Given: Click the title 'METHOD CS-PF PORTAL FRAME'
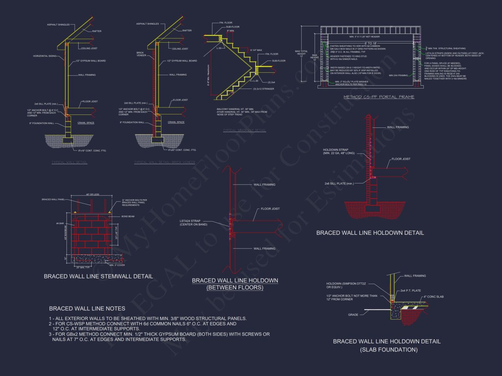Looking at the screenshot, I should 379,97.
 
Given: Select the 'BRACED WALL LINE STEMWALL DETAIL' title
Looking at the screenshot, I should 98,276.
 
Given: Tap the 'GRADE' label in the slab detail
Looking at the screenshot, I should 353,315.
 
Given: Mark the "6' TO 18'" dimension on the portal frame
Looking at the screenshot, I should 371,43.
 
